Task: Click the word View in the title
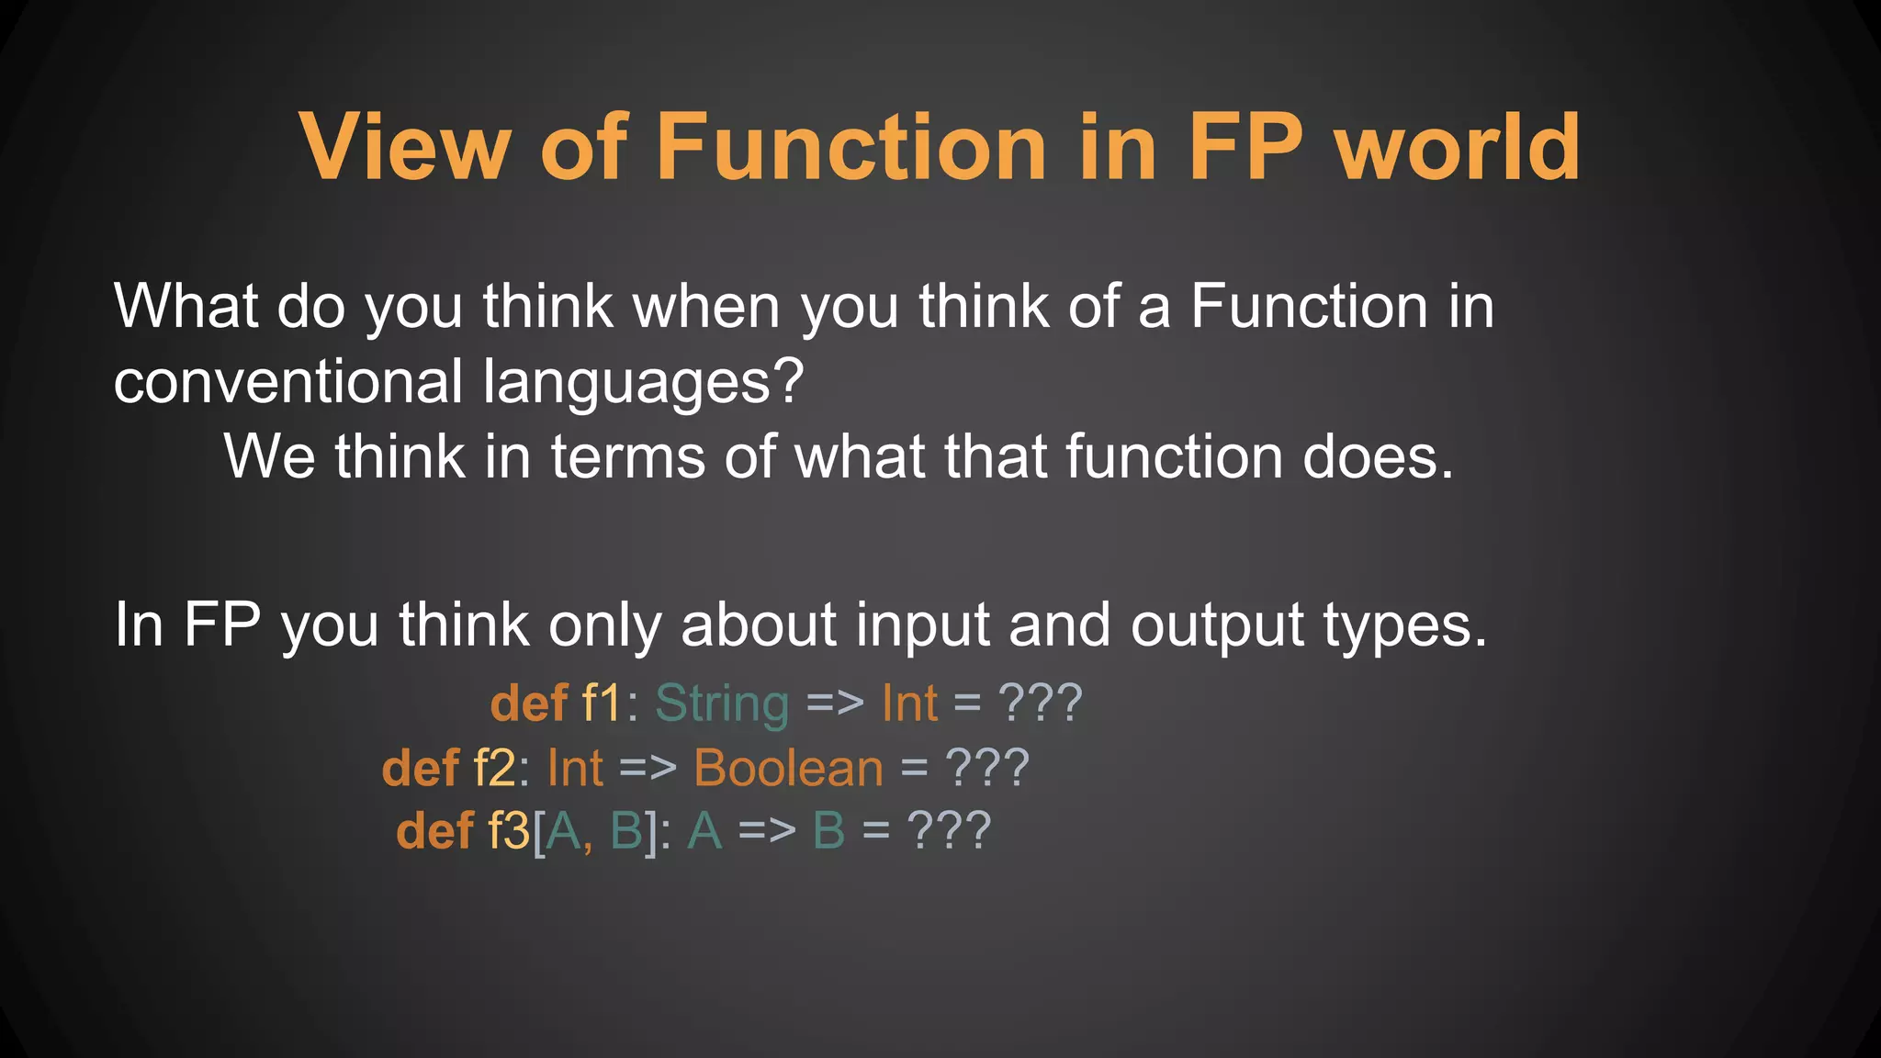coord(404,147)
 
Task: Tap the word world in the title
coord(1458,147)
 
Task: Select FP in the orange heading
coord(1245,147)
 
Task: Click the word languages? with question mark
coord(644,381)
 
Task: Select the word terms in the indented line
coord(628,456)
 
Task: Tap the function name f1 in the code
coord(603,703)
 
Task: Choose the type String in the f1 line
coord(722,703)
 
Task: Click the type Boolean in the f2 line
coord(788,768)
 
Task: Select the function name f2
coord(494,768)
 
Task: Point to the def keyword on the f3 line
coord(434,831)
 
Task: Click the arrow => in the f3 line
coord(767,831)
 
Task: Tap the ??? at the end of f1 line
coord(1040,703)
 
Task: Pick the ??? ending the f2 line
coord(986,768)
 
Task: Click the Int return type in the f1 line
coord(909,703)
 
